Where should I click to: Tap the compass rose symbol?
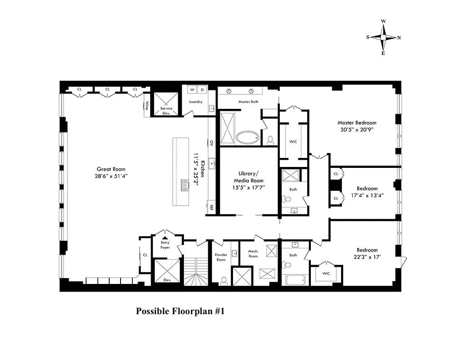tap(383, 38)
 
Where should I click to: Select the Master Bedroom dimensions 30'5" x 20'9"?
tap(357, 129)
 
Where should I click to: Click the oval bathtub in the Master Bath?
tap(248, 137)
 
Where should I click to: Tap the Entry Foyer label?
tap(165, 245)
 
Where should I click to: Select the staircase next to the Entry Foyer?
tap(194, 270)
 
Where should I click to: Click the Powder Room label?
tap(220, 257)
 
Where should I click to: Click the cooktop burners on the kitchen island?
tap(185, 185)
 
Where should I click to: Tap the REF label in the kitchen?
tap(211, 207)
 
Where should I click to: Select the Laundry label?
tap(196, 102)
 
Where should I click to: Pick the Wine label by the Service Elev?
tap(147, 106)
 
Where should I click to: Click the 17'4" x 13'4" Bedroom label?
tap(367, 192)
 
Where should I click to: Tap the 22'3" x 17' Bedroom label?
tap(367, 253)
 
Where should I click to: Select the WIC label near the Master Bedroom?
tap(293, 141)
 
